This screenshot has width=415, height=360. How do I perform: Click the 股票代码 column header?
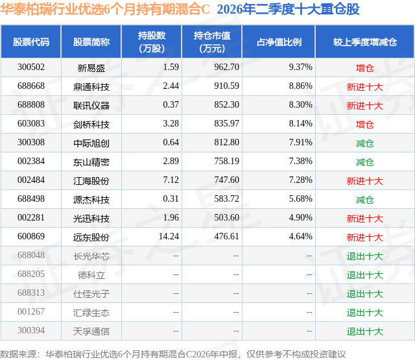(x=31, y=42)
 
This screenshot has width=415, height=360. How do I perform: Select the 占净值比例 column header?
(x=279, y=42)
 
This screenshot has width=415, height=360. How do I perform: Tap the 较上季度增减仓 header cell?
(x=365, y=42)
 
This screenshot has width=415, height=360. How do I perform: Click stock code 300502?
(x=31, y=67)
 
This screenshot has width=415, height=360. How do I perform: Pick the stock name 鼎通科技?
(x=91, y=87)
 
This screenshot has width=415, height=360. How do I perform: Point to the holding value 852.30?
(x=226, y=105)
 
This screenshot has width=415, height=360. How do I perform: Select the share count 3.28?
(x=171, y=124)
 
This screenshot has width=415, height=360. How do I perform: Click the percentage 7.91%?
(x=301, y=143)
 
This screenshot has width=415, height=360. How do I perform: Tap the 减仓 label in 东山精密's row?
(x=365, y=162)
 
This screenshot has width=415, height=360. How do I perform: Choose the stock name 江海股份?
(x=91, y=181)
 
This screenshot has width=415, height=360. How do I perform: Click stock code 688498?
(x=31, y=198)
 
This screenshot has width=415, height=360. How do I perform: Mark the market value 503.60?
(x=226, y=217)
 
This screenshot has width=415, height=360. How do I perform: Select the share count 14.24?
(x=169, y=236)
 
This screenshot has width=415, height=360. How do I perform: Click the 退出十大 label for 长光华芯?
(x=365, y=256)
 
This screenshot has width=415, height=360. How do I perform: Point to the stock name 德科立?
(x=91, y=275)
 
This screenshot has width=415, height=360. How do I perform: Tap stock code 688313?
(x=31, y=293)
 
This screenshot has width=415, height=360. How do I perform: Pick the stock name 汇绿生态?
(x=91, y=313)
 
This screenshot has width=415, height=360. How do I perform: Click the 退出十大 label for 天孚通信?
(x=365, y=331)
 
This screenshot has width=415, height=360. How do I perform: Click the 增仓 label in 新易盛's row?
(x=365, y=68)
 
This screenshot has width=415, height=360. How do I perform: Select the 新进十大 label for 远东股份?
(x=365, y=237)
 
